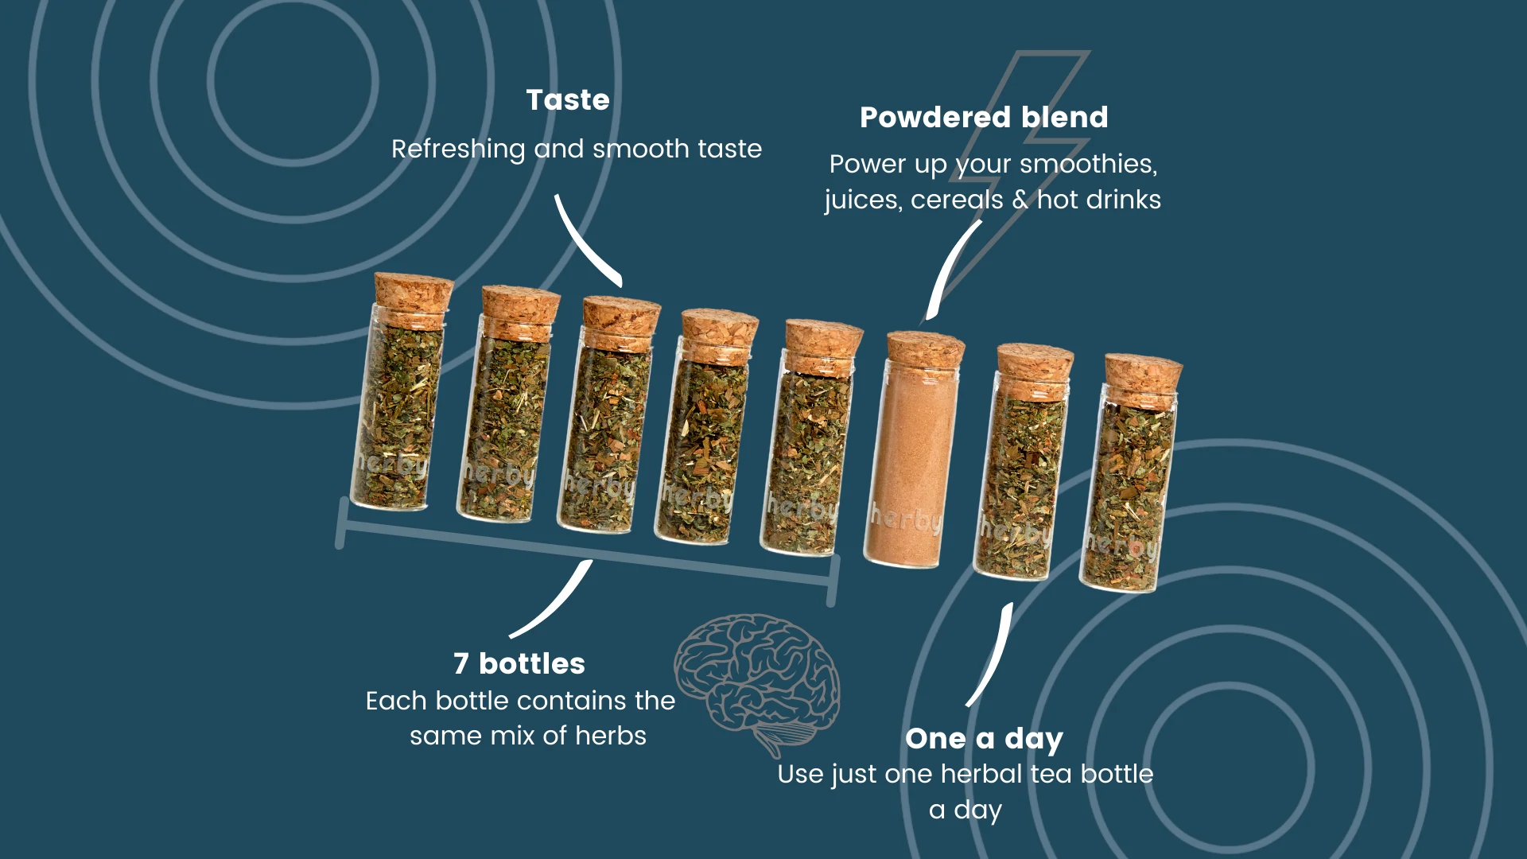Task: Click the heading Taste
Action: tap(568, 100)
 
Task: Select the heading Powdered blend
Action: tap(984, 118)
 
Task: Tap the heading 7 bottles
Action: tap(519, 663)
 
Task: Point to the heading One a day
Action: tap(984, 739)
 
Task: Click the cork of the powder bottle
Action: tap(925, 350)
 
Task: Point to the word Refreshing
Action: tap(458, 150)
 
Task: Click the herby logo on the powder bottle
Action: tap(906, 519)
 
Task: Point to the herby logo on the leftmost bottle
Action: tap(391, 463)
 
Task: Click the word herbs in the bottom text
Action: tap(611, 736)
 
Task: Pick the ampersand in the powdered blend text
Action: tap(1020, 200)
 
